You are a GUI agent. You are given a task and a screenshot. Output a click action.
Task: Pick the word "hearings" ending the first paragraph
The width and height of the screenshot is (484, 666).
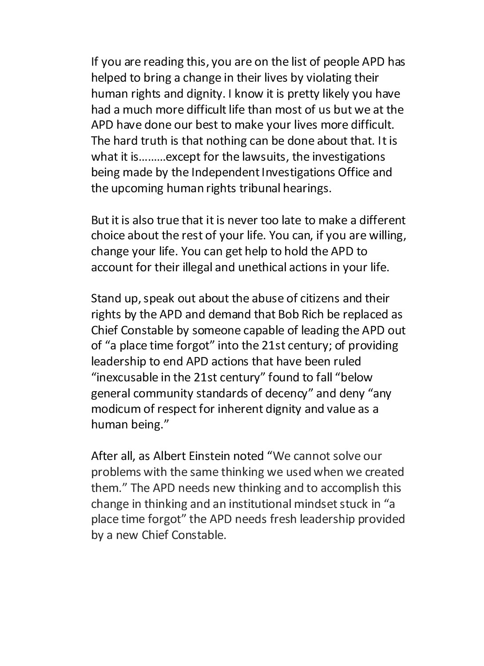307,188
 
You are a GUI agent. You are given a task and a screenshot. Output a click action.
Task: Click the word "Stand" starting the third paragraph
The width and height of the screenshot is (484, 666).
104,299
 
